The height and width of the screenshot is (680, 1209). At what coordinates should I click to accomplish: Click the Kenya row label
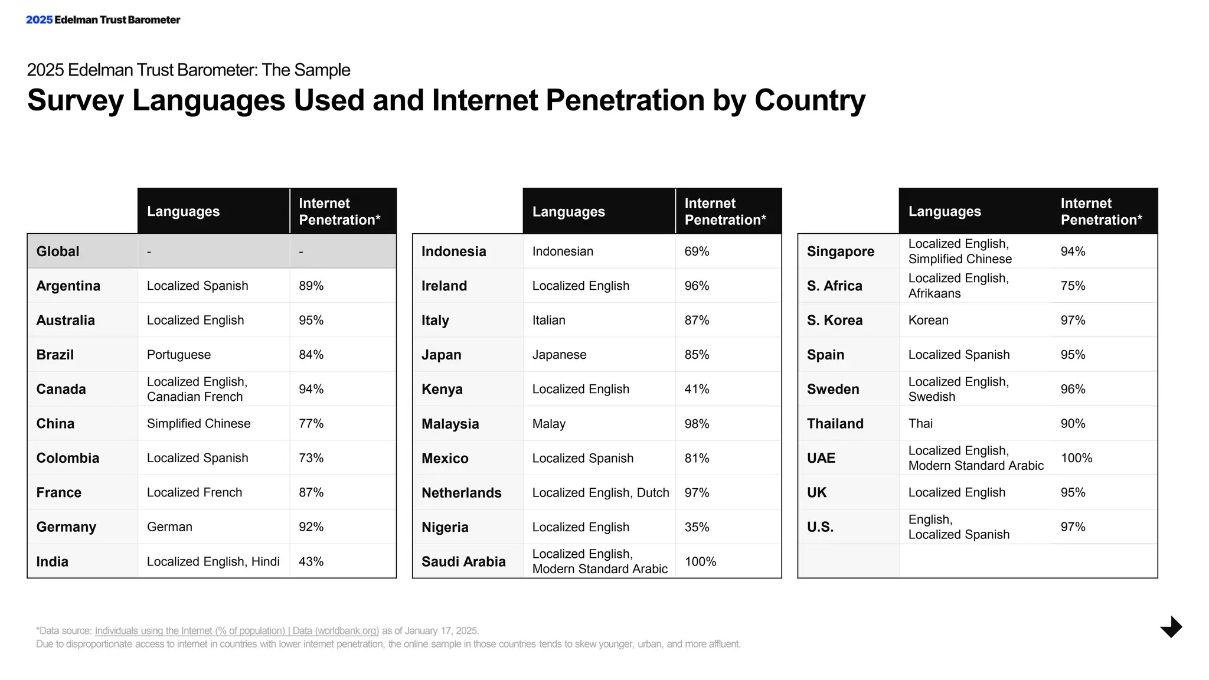point(442,389)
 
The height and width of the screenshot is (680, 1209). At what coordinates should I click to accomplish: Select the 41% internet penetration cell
point(697,389)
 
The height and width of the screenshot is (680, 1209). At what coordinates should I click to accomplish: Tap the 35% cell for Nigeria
point(697,527)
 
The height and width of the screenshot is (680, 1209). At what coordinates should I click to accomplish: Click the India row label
point(52,561)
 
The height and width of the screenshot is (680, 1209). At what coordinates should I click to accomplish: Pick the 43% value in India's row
point(311,561)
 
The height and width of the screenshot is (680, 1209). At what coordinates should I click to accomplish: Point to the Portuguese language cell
point(179,355)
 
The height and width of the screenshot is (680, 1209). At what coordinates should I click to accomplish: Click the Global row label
point(57,251)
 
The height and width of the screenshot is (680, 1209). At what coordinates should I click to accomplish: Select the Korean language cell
point(928,320)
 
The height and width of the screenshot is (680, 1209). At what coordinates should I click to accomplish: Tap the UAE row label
point(821,458)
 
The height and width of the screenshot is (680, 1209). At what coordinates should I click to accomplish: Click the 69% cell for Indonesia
point(697,251)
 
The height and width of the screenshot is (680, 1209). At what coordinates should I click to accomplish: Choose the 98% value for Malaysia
point(697,424)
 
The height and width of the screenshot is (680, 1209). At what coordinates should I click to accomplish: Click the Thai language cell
point(920,423)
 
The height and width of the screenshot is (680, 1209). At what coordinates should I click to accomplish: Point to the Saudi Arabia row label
point(463,561)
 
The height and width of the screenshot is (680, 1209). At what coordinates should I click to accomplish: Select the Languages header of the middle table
point(568,211)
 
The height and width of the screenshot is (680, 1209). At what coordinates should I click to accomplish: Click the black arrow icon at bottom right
point(1171,627)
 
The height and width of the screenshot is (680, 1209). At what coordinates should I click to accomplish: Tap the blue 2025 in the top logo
point(39,19)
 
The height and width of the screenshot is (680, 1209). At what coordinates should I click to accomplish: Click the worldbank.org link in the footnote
point(237,630)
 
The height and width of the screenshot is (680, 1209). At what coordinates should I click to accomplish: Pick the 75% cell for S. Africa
point(1073,286)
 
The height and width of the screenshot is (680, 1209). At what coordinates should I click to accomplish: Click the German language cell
point(169,527)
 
